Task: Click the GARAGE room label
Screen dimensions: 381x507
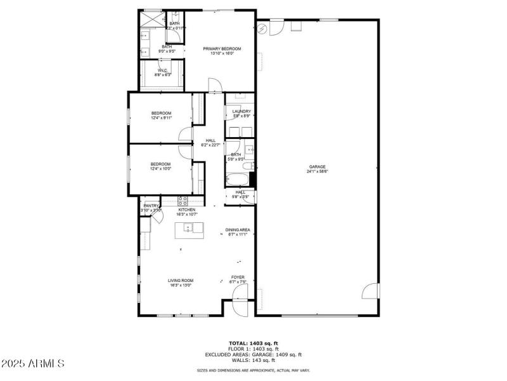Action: point(318,167)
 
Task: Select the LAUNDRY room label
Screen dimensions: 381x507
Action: point(241,111)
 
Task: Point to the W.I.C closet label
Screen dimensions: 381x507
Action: point(162,70)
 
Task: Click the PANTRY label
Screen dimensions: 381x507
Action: point(151,205)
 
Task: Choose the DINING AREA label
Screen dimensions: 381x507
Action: point(238,229)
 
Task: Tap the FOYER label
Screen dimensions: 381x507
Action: point(238,277)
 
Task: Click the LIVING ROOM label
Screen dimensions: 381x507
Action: point(181,280)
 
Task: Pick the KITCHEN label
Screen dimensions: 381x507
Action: point(186,210)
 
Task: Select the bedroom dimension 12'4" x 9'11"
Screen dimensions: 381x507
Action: point(162,117)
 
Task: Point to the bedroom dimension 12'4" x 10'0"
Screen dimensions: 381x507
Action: point(162,168)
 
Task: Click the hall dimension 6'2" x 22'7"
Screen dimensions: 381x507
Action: point(210,145)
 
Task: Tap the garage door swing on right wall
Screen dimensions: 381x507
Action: point(371,291)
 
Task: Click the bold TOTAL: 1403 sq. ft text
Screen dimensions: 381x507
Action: point(253,343)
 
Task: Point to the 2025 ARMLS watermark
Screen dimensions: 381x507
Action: point(33,364)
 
